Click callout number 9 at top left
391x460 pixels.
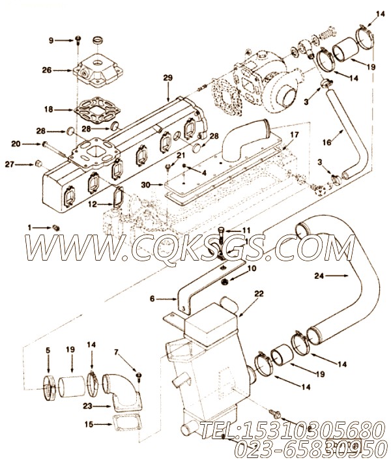pyautogui.click(x=51, y=40)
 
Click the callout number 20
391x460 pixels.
pyautogui.click(x=16, y=143)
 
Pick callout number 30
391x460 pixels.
pyautogui.click(x=147, y=185)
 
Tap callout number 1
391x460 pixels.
pyautogui.click(x=29, y=227)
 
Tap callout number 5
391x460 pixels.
pyautogui.click(x=48, y=352)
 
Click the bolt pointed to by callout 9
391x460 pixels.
pyautogui.click(x=77, y=40)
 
